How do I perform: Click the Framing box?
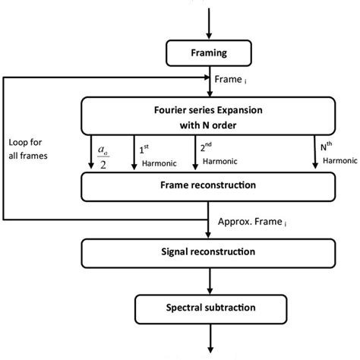[208, 54]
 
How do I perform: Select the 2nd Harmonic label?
[216, 151]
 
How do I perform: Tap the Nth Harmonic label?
[332, 151]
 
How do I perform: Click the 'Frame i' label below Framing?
[232, 78]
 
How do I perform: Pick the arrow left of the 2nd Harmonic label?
[194, 152]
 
